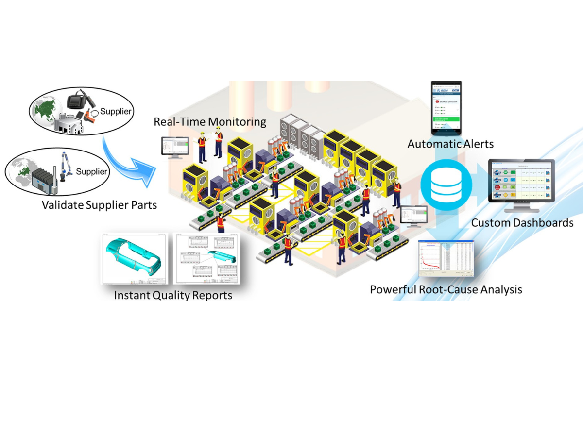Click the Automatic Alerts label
pyautogui.click(x=450, y=144)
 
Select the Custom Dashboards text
pyautogui.click(x=522, y=223)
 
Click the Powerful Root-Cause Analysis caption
pyautogui.click(x=446, y=290)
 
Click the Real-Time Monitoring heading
pyautogui.click(x=210, y=121)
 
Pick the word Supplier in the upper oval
pyautogui.click(x=115, y=112)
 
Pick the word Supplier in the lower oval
pyautogui.click(x=92, y=171)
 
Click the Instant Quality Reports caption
pyautogui.click(x=173, y=295)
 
